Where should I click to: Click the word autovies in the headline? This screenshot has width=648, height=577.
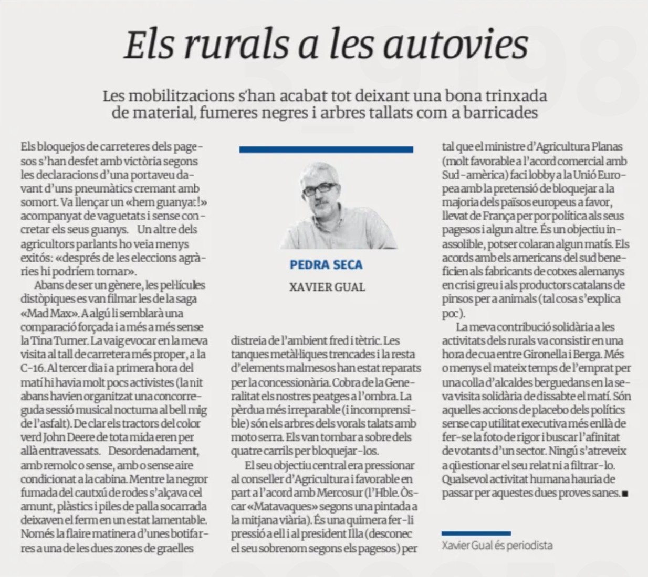[455, 44]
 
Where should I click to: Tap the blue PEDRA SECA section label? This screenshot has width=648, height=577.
[326, 265]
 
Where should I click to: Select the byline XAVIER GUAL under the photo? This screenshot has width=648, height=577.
[327, 287]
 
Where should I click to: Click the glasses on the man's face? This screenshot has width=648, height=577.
[319, 187]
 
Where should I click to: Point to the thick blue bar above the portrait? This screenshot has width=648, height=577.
[326, 150]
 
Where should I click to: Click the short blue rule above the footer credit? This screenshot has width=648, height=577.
[476, 533]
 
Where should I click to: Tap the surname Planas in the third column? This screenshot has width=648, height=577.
[604, 147]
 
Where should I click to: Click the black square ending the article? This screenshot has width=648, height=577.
[625, 494]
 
